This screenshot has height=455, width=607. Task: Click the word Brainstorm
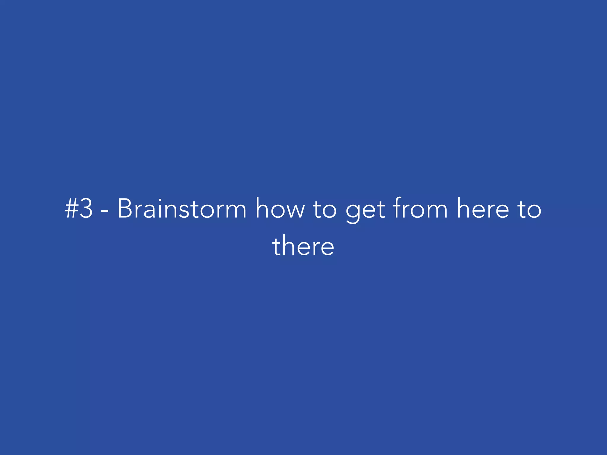point(182,209)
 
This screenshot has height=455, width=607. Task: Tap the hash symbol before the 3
point(71,209)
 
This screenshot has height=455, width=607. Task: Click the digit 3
point(86,209)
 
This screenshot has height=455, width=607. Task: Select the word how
point(280,209)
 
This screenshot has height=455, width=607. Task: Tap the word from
point(420,209)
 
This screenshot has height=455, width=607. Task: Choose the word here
point(483,209)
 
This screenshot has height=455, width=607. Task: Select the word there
point(303,246)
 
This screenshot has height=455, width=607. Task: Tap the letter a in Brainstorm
point(148,211)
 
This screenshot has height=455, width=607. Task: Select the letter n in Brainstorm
point(171,211)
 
